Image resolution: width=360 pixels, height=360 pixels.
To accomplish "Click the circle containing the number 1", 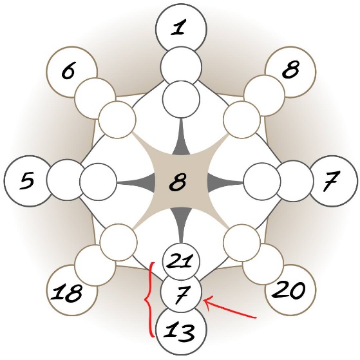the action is tap(181, 30).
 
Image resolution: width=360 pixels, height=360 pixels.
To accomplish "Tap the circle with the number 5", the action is tap(30, 181).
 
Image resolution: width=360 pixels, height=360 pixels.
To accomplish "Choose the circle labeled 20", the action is tap(290, 290).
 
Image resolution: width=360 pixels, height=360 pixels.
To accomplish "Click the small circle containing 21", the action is tap(181, 261).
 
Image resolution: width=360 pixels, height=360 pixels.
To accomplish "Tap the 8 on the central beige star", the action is tap(178, 181).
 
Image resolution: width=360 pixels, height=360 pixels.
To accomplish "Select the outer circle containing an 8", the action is tap(290, 72).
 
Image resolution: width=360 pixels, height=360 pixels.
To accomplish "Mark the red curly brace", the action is tap(149, 299).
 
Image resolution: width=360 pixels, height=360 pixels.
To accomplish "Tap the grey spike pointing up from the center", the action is tap(182, 138).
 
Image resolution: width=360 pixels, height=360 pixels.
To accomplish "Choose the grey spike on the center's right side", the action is tap(225, 182).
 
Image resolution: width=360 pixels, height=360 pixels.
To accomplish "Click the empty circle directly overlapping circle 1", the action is tap(181, 67).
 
